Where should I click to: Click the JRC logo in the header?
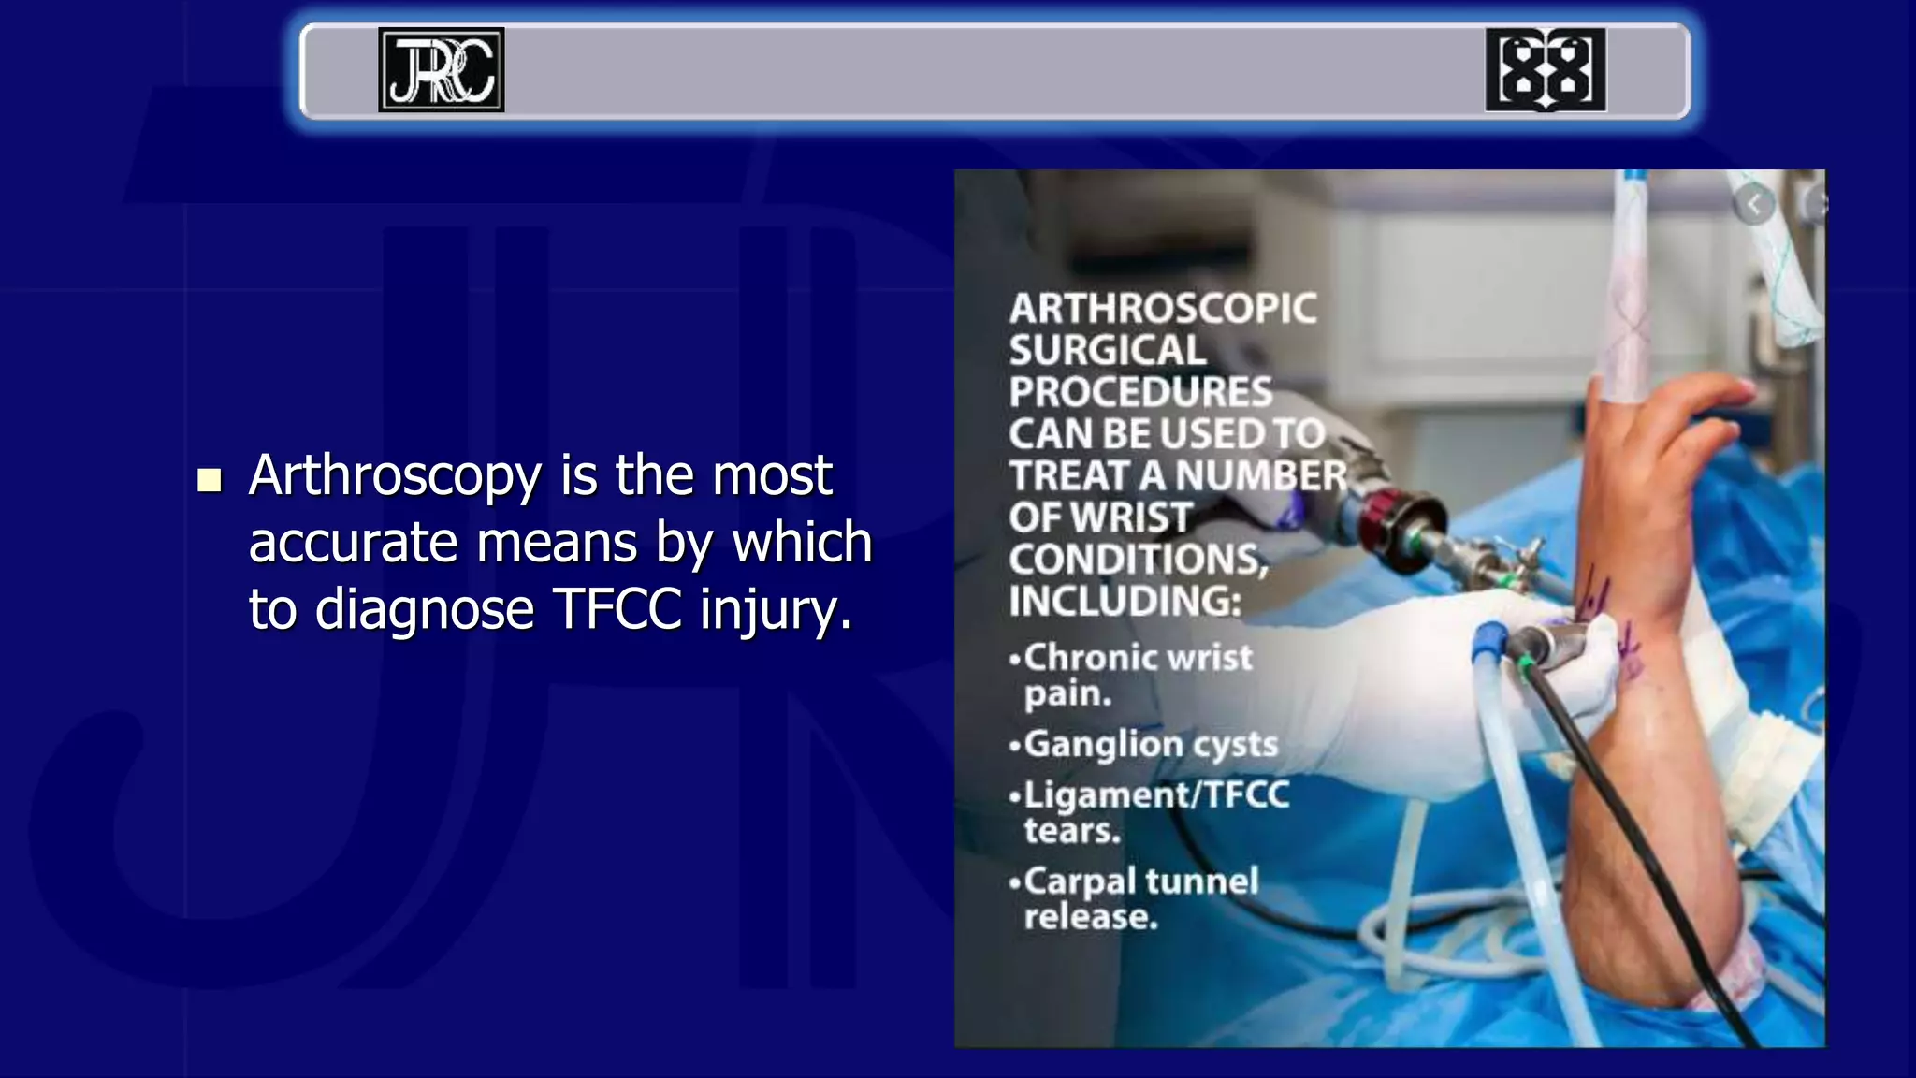point(441,70)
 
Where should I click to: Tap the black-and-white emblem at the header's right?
point(1545,70)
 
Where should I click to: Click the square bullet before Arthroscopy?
point(210,480)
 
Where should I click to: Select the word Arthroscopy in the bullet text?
point(395,475)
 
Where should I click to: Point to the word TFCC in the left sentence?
point(617,609)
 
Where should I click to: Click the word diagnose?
point(424,611)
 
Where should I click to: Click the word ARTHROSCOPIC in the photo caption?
point(1163,309)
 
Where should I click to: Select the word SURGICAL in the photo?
point(1108,351)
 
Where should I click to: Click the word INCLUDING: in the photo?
point(1125,601)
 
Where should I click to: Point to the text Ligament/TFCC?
point(1157,794)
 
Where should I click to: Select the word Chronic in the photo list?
point(1085,658)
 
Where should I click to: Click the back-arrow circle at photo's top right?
point(1754,204)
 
